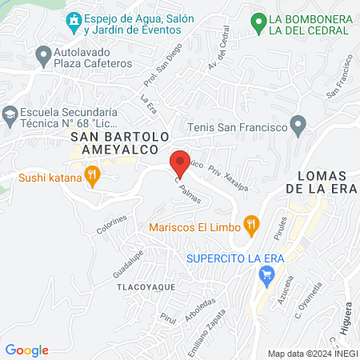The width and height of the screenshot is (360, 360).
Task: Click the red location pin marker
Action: point(180,162)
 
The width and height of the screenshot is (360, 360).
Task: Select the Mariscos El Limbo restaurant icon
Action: point(252,226)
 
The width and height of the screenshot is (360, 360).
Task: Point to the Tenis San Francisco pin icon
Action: point(298,126)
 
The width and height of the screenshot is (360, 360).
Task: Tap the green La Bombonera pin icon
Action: point(258,23)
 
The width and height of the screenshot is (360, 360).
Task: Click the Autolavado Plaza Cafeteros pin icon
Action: point(43,55)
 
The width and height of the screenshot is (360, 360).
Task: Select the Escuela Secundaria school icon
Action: point(10,114)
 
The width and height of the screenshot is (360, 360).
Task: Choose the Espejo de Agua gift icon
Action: point(73,20)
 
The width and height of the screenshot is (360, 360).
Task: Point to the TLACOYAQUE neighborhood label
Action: point(146,285)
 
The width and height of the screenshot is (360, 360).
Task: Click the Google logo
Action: point(26,350)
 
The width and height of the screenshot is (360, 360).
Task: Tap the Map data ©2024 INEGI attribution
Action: point(311,353)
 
